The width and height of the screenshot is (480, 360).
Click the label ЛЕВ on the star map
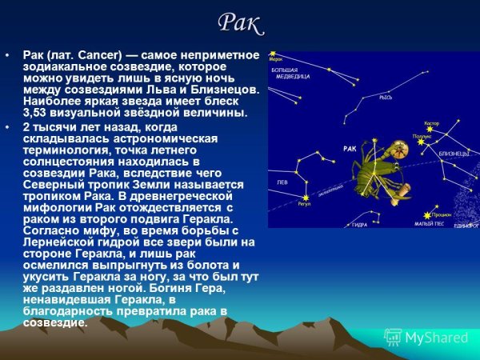click(282, 182)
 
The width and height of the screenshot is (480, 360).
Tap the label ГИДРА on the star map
click(359, 225)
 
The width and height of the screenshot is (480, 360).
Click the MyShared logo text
click(437, 338)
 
